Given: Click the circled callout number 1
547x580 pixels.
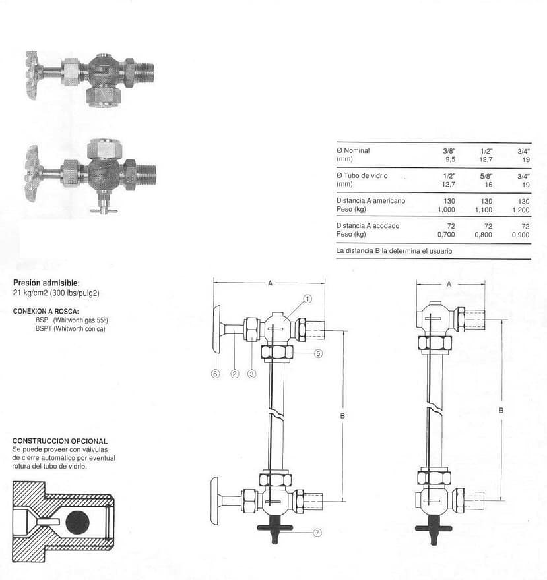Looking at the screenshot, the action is pyautogui.click(x=307, y=299).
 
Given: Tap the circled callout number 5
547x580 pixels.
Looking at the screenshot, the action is pyautogui.click(x=318, y=354).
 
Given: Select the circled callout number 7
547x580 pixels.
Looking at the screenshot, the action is pyautogui.click(x=317, y=533).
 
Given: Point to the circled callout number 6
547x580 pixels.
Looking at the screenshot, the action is pyautogui.click(x=215, y=374).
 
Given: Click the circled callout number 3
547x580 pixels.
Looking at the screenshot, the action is pyautogui.click(x=252, y=374).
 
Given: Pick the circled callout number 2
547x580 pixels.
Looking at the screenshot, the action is pyautogui.click(x=235, y=374).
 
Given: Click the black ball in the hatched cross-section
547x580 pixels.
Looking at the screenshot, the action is pyautogui.click(x=77, y=522).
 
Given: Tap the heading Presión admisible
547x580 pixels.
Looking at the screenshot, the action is pyautogui.click(x=46, y=283).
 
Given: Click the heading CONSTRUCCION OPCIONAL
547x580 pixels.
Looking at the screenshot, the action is pyautogui.click(x=60, y=441).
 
